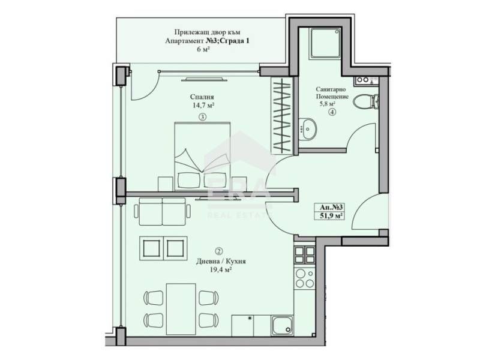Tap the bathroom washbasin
pos(309,127)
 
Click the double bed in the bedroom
pos(202,153)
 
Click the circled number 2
pos(218,251)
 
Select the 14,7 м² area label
pos(203,105)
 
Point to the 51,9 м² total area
pos(331,217)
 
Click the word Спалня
pos(203,96)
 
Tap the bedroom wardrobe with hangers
pos(281,114)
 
